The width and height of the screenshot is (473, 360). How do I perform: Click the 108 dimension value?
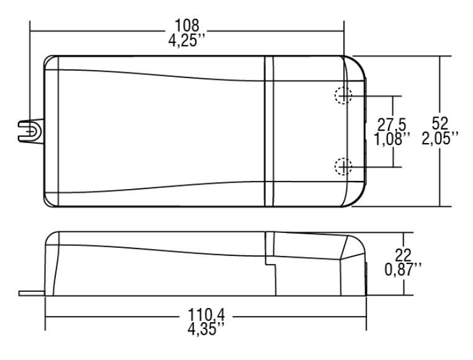point(187,25)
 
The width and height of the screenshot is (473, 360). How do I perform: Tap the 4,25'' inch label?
point(187,40)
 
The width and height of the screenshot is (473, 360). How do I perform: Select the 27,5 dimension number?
point(392,125)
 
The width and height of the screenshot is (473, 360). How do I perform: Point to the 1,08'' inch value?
point(392,139)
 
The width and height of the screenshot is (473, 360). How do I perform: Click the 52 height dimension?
point(440,123)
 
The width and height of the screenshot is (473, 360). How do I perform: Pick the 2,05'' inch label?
point(440,138)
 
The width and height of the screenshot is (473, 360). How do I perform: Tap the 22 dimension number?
point(404,256)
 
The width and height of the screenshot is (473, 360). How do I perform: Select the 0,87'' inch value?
point(404,270)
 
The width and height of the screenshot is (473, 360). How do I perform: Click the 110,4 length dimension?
point(206,315)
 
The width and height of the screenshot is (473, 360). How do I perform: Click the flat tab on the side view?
point(32,293)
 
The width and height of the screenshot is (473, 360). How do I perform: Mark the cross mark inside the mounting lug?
point(30,132)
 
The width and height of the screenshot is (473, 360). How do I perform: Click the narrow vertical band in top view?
point(269,131)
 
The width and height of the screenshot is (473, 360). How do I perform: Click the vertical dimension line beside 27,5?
point(393,131)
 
